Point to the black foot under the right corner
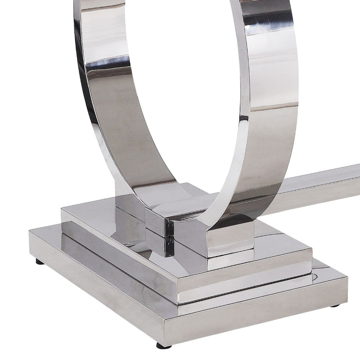[334, 306]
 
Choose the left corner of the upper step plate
[62, 209]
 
